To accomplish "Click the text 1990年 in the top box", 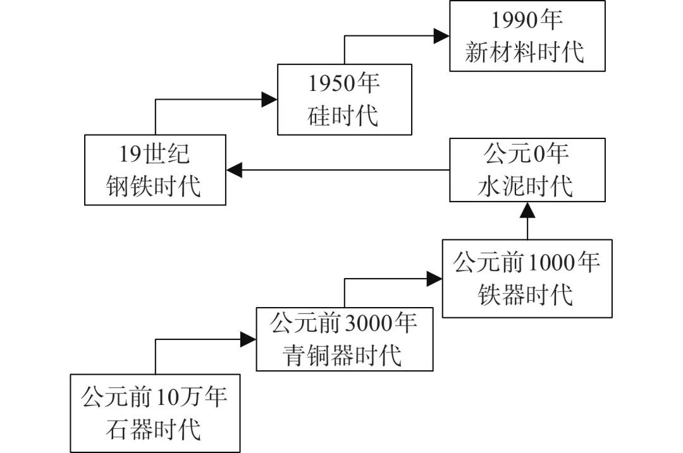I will coord(527,21).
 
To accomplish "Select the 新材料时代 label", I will coord(525,52).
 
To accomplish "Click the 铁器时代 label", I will coord(527,294).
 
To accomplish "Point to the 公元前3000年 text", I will coord(344,325).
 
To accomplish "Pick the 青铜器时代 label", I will coord(344,356).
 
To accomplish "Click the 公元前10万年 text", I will coord(155,399).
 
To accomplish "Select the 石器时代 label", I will coord(155,430).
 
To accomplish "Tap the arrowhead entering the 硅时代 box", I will coord(270,99).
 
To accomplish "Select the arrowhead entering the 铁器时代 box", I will coord(434,279).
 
